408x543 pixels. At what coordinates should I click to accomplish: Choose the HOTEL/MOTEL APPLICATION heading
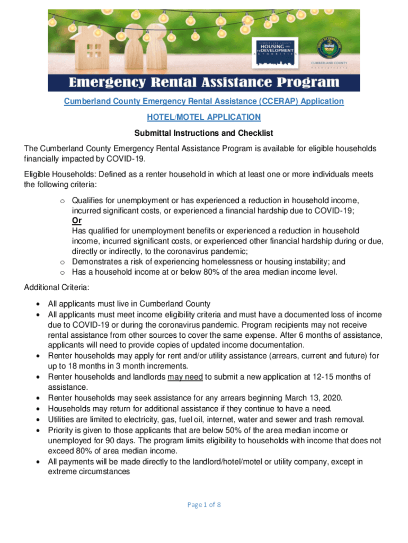pos(203,117)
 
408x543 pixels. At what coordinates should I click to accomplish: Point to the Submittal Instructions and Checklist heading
pos(203,133)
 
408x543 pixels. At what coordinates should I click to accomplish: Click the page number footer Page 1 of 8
pos(204,504)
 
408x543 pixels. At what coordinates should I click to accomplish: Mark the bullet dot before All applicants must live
pos(39,304)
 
